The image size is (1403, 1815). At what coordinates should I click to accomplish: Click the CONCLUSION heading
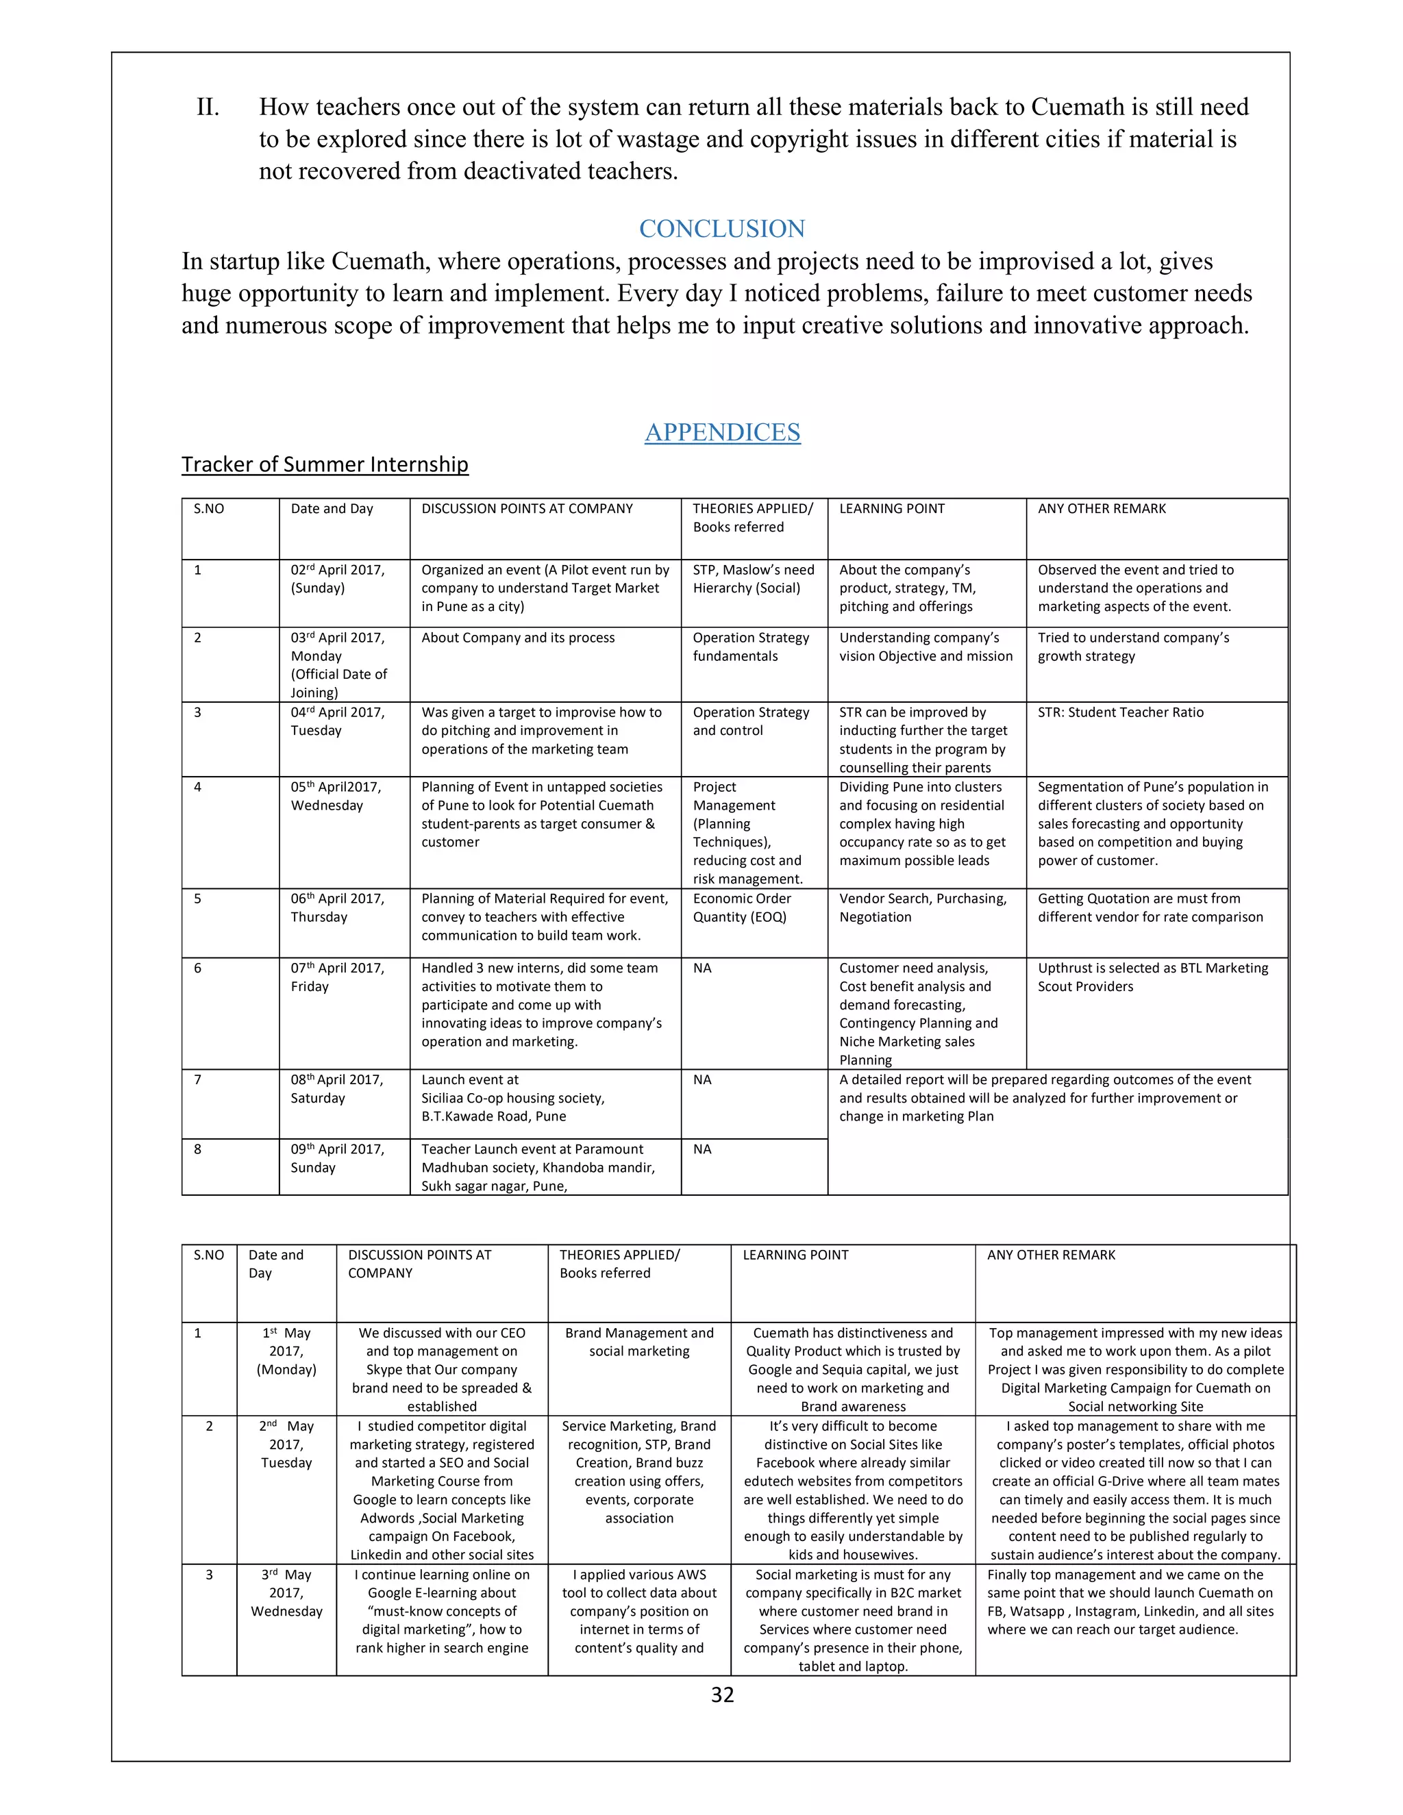721,229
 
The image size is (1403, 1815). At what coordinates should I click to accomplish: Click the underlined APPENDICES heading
721,432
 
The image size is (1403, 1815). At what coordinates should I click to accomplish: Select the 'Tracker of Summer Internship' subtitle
325,464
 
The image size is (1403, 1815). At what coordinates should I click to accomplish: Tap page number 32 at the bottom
721,1694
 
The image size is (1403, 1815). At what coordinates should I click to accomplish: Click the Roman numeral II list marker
208,108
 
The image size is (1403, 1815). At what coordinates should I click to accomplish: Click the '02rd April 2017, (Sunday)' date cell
338,579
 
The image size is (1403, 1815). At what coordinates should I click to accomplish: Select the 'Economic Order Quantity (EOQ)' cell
741,907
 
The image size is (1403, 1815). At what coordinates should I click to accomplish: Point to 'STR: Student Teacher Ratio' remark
1119,712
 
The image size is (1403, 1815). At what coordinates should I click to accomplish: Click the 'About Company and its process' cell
518,638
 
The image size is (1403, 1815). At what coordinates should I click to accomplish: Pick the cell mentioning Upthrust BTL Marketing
1153,977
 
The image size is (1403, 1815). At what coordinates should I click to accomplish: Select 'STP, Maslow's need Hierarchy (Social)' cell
753,579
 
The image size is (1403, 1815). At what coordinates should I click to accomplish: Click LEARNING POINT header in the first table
891,509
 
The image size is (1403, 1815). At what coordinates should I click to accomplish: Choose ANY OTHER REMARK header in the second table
1051,1255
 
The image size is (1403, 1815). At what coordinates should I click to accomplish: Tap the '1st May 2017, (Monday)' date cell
286,1351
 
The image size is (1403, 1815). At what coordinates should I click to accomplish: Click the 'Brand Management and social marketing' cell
639,1342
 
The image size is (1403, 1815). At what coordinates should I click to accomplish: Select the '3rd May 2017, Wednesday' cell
286,1593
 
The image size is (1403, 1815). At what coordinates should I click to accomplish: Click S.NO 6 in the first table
198,968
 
